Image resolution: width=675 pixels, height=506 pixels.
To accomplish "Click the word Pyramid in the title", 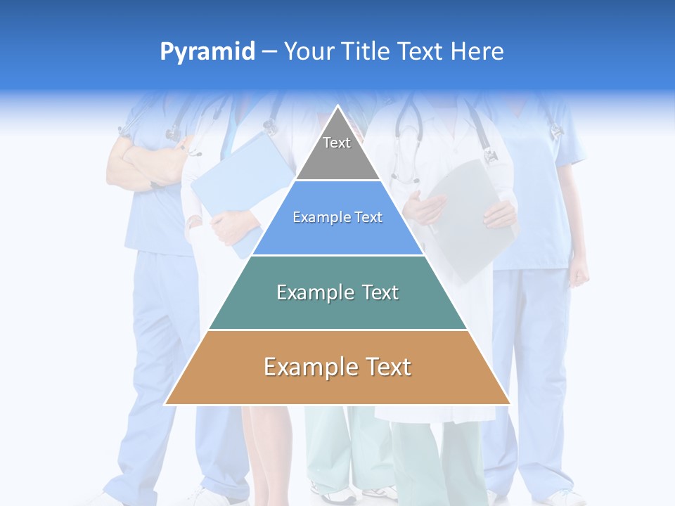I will point(207,52).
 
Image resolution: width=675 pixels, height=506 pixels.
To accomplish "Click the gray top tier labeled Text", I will point(337,151).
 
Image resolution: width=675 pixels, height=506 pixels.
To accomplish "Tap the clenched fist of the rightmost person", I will point(579,274).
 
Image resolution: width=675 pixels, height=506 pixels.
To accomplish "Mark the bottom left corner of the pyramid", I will point(165,405).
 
